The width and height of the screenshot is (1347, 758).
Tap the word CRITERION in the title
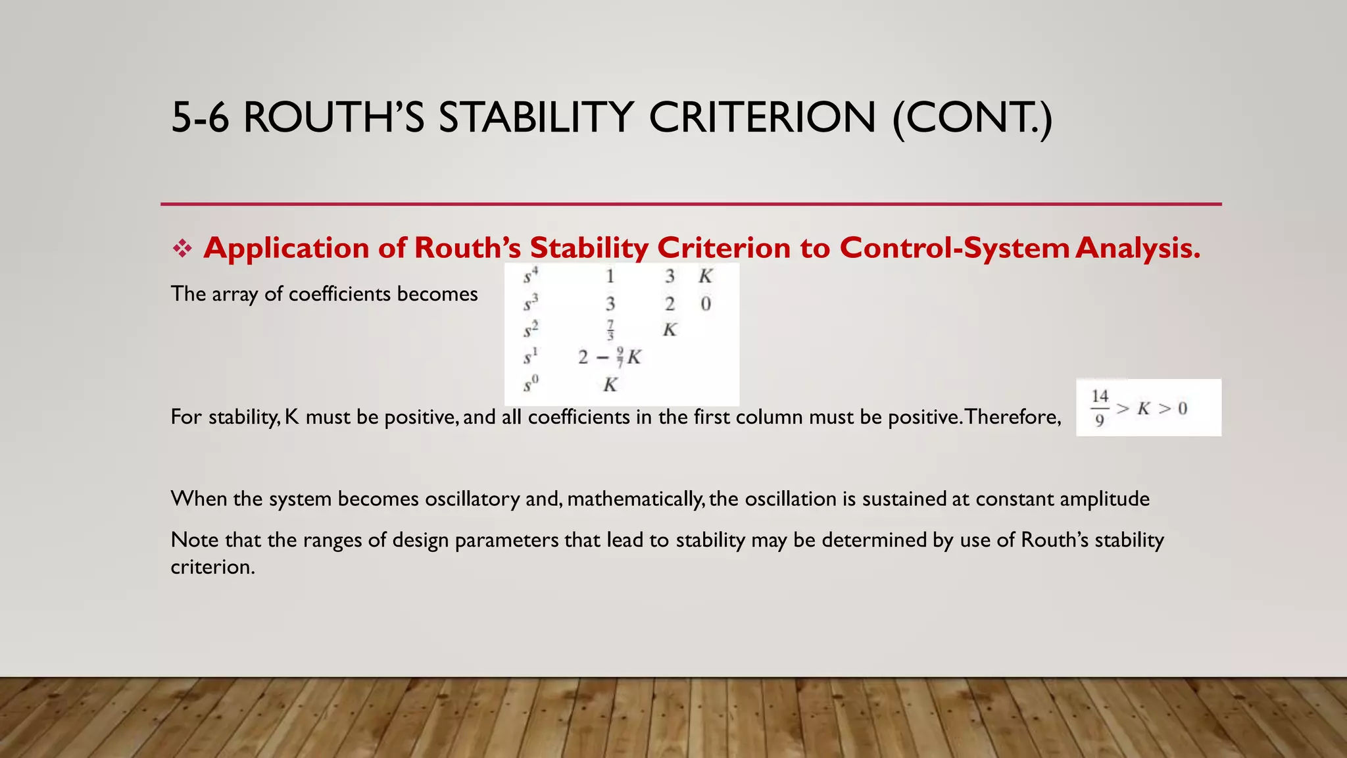pyautogui.click(x=762, y=118)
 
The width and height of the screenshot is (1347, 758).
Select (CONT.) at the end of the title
pyautogui.click(x=972, y=118)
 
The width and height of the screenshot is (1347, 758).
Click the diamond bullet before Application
pyautogui.click(x=182, y=249)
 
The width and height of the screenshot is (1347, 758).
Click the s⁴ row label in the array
pyautogui.click(x=530, y=276)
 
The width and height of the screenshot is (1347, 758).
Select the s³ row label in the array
pyautogui.click(x=530, y=304)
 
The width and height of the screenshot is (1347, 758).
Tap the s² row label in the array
pyautogui.click(x=530, y=330)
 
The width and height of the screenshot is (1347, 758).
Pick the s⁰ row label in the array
pyautogui.click(x=530, y=384)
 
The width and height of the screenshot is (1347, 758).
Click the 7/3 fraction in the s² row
pyautogui.click(x=610, y=330)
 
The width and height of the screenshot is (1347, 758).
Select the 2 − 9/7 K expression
pyautogui.click(x=609, y=357)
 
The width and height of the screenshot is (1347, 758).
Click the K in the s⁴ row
pyautogui.click(x=705, y=276)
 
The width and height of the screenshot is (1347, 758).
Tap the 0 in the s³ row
pyautogui.click(x=705, y=304)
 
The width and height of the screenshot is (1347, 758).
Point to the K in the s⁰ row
pyautogui.click(x=610, y=385)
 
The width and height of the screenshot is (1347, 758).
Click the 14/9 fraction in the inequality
pyautogui.click(x=1100, y=408)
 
